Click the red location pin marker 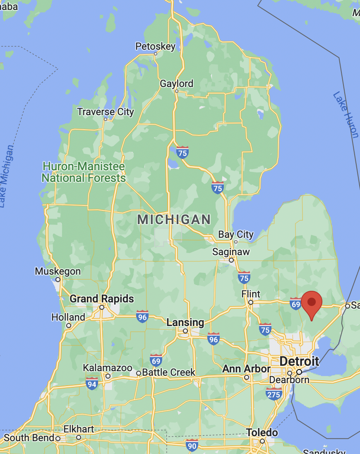(x=312, y=303)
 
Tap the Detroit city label (x=299, y=361)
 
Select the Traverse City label (x=106, y=112)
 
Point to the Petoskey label (x=156, y=46)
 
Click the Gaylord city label (x=177, y=84)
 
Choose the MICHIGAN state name (x=174, y=220)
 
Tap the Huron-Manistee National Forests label (x=84, y=172)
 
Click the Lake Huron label (x=346, y=114)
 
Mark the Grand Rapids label (x=102, y=299)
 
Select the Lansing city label (x=185, y=322)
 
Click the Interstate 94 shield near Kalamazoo (x=92, y=384)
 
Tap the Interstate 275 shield (x=274, y=394)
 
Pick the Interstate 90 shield (x=192, y=445)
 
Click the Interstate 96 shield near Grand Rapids (x=142, y=316)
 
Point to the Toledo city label (x=262, y=433)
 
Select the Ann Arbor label (x=246, y=369)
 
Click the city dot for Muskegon (x=58, y=280)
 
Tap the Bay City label (x=236, y=234)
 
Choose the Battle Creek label (x=168, y=372)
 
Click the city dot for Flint (x=250, y=302)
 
